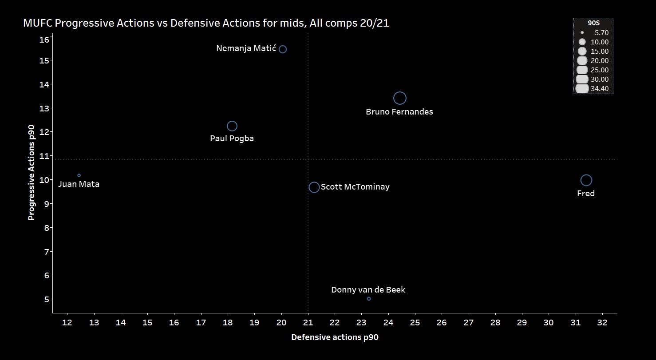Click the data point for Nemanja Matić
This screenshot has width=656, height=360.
[283, 49]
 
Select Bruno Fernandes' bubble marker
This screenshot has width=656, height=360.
[400, 98]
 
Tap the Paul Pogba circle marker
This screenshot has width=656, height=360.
[232, 126]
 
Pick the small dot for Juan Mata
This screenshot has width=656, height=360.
[79, 175]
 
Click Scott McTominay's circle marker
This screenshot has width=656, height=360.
[314, 187]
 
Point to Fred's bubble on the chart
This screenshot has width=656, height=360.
[586, 180]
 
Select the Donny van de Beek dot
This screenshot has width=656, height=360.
[369, 299]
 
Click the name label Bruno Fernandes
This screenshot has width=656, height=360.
[399, 112]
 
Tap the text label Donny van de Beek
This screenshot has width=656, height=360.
[368, 290]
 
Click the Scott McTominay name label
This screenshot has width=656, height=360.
[355, 187]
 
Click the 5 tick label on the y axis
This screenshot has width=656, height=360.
[46, 299]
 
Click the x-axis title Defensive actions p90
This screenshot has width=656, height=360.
[335, 337]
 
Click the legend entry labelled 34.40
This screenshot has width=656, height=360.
[602, 89]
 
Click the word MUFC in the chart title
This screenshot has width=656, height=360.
[37, 24]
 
